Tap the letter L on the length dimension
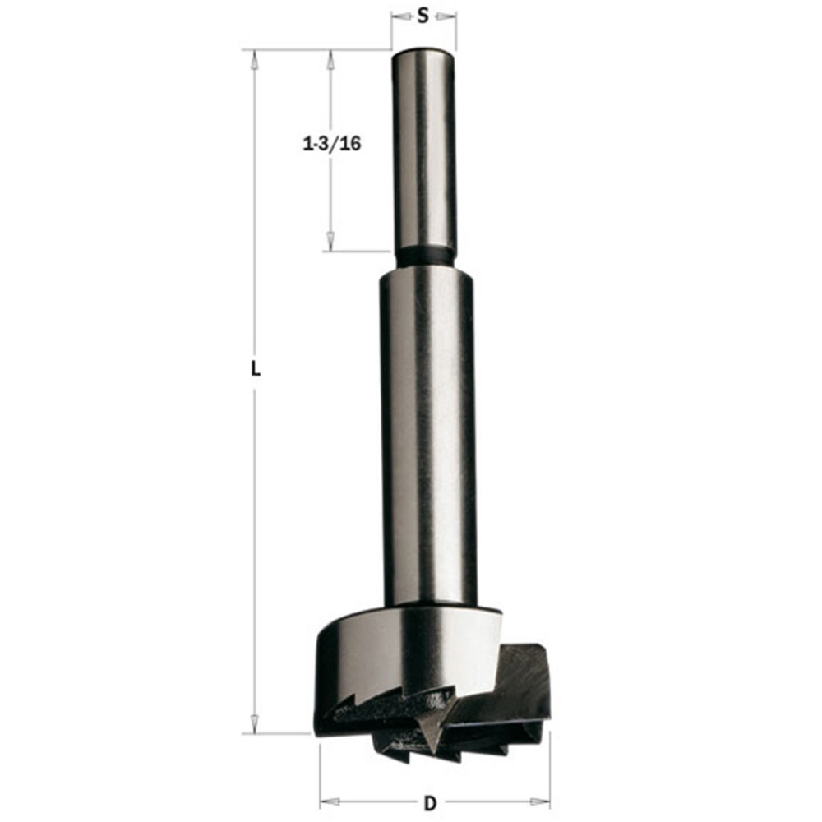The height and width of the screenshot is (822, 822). coord(256,370)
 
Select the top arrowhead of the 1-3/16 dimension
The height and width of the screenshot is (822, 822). coord(330,59)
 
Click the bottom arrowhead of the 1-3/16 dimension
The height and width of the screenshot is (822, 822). coord(330,242)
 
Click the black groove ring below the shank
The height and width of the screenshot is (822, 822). coord(424,256)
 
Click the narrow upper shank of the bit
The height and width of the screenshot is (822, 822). coord(423,148)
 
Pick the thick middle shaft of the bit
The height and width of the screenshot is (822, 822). coord(427,436)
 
